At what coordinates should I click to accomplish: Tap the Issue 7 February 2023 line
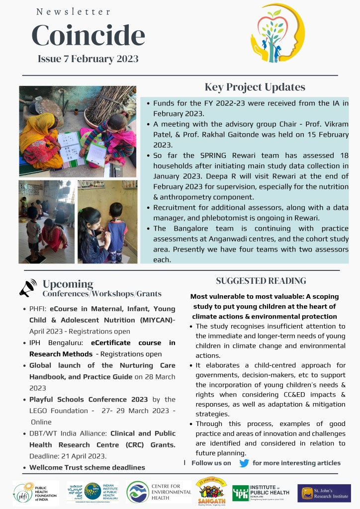(x=88, y=59)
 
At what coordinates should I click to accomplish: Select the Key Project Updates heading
(x=255, y=87)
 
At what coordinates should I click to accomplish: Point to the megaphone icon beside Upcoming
(x=28, y=288)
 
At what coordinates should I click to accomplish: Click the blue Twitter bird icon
(x=244, y=463)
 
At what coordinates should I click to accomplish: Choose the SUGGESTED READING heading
(x=261, y=281)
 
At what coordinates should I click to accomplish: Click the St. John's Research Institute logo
(x=324, y=493)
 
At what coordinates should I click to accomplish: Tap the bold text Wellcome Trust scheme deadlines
(x=87, y=467)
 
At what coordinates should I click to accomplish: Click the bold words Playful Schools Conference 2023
(x=89, y=400)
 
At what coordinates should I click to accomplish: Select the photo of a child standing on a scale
(x=46, y=222)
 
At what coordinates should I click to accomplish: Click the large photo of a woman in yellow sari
(x=78, y=131)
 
